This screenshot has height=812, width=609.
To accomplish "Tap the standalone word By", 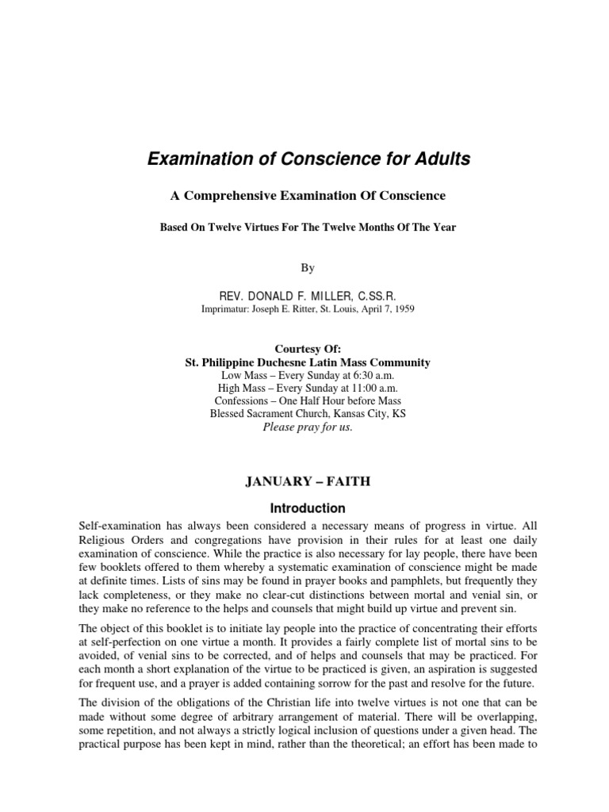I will (x=308, y=268).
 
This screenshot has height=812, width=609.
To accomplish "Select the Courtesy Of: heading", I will (x=308, y=349).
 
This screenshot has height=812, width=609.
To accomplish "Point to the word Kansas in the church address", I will (x=345, y=414).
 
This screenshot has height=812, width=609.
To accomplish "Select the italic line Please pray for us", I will (x=308, y=427).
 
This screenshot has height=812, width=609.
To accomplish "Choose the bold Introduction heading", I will (x=308, y=507).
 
